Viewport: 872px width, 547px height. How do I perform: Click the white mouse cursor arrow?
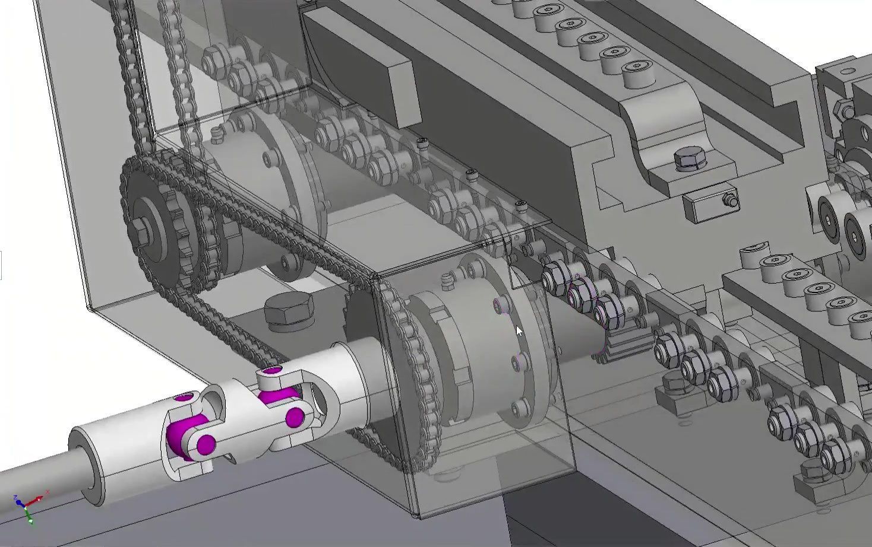[520, 332]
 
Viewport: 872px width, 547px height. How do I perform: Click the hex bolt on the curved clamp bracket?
[690, 160]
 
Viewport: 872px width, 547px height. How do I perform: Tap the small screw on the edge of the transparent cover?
[521, 206]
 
